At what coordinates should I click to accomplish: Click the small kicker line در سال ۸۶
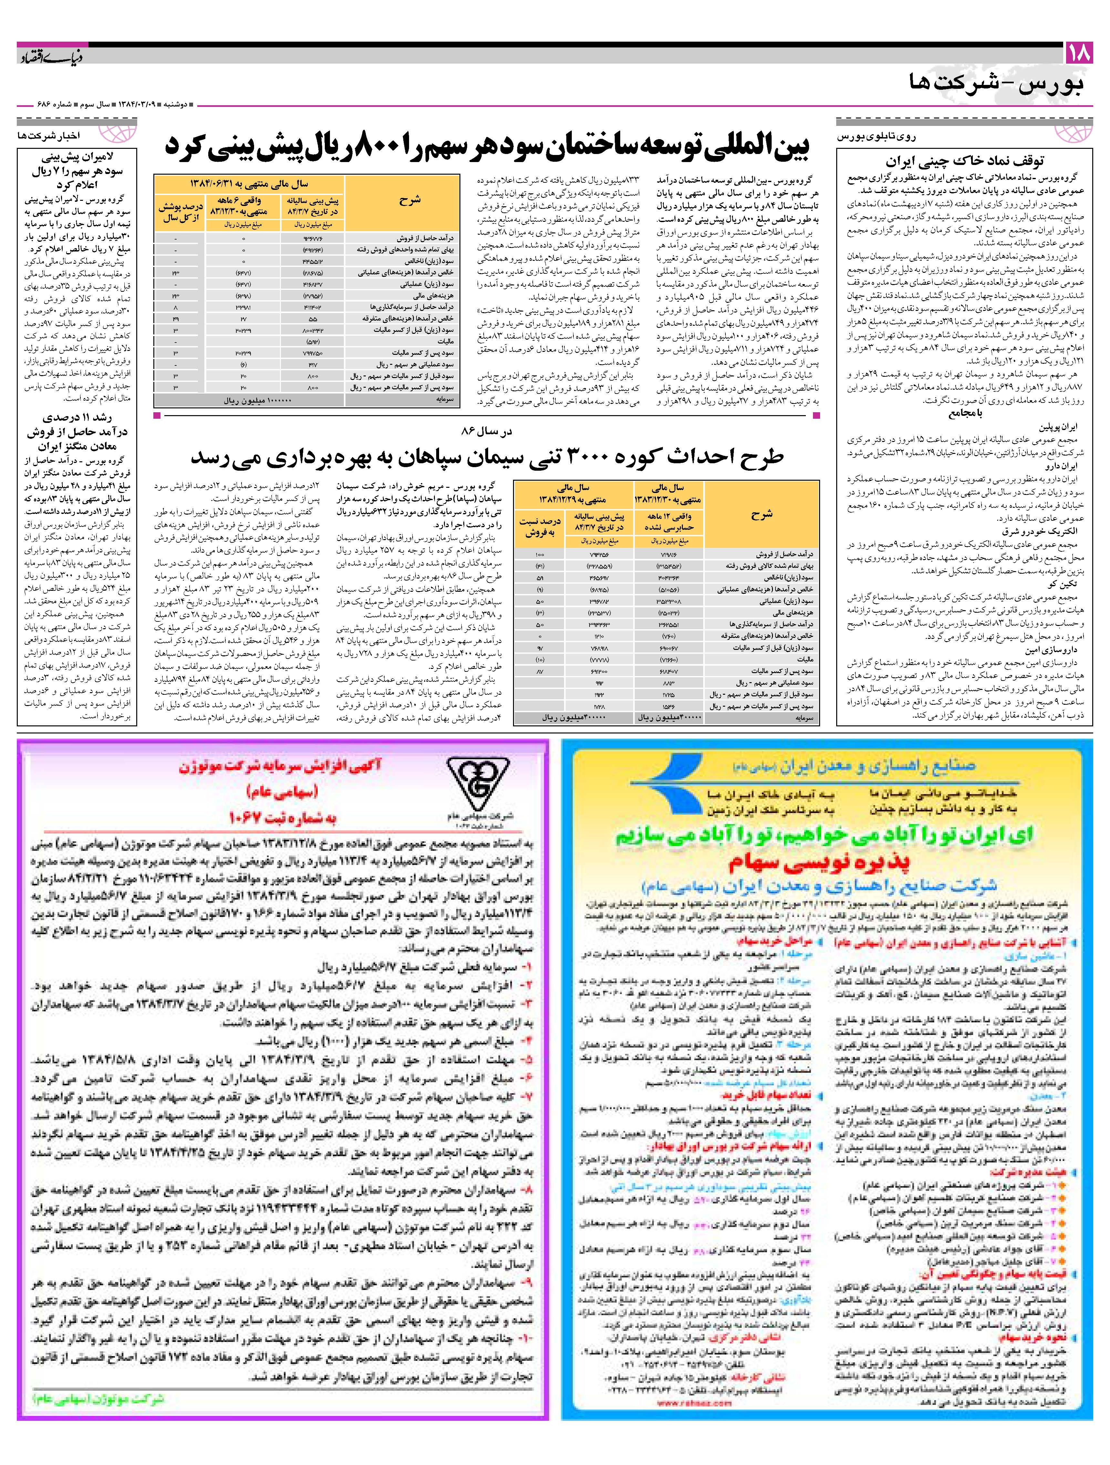pos(487,431)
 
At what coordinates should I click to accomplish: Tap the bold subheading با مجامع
pos(967,413)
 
